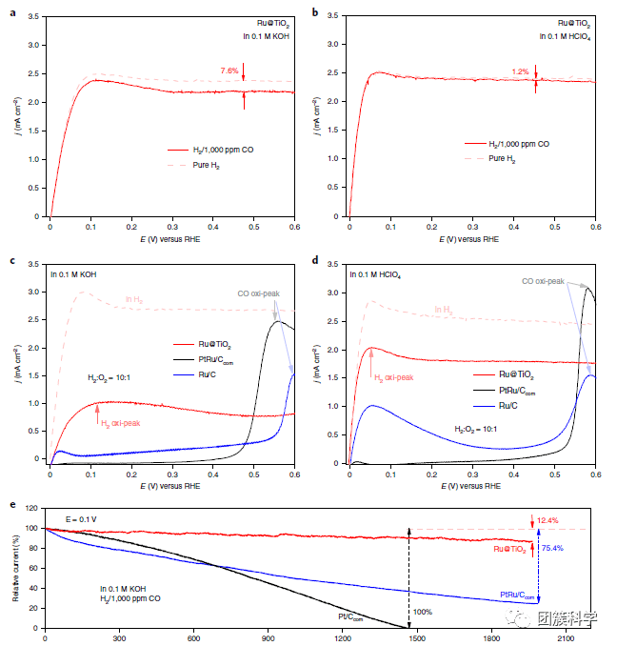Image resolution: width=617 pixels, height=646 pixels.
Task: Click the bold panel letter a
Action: (12, 11)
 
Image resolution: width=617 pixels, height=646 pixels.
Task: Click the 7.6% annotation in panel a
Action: (229, 71)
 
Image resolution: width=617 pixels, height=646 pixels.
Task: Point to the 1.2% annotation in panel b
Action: (520, 71)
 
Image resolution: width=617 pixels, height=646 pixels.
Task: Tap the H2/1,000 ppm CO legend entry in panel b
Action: (518, 144)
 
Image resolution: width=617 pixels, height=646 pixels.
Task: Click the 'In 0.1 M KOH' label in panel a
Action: (266, 35)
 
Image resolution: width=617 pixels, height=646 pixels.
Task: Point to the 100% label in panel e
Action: (423, 612)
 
